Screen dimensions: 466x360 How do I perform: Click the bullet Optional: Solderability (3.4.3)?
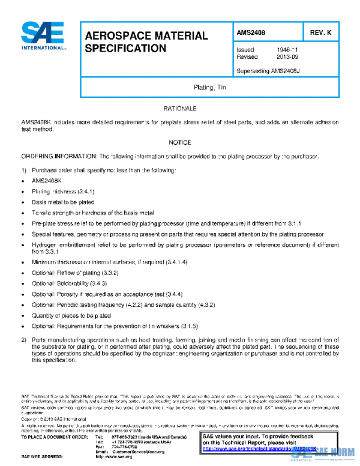69,283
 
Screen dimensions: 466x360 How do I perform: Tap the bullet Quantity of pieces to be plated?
71,315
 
